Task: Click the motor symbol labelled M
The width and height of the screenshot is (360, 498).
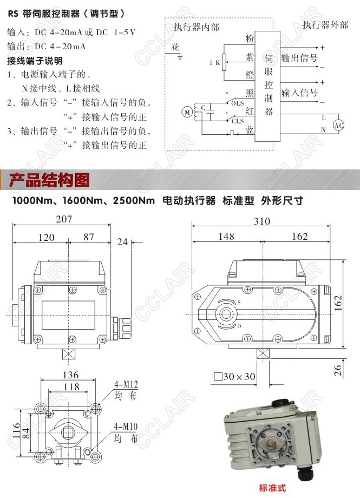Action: coord(187,112)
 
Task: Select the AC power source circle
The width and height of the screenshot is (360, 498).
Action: coord(338,125)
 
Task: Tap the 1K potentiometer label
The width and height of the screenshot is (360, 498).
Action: coord(215,63)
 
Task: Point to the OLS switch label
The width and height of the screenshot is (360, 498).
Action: coord(237,103)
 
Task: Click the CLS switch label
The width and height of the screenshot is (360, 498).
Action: coord(238,121)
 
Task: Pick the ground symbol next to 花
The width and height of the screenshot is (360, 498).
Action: coord(180,57)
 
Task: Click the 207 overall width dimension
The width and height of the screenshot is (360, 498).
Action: coord(64,219)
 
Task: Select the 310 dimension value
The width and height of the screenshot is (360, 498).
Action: coord(262,221)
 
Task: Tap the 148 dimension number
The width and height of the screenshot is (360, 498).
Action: coord(226,237)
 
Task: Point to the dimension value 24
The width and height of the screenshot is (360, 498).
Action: coord(122,242)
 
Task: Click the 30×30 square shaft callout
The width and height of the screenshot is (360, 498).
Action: coord(235,377)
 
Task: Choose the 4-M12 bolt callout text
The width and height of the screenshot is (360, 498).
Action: coord(126,385)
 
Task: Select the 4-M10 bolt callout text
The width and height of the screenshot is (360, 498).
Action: coord(126,427)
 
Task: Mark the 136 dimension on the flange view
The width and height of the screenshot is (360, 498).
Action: coord(70,375)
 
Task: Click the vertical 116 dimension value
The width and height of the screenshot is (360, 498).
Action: coord(16,430)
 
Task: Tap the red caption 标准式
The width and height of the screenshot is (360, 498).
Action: coord(272,488)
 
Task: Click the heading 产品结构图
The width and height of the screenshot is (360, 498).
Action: coord(49,180)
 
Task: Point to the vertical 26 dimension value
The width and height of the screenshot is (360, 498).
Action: coord(338,370)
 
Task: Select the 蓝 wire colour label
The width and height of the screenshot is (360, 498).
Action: coord(250,129)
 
